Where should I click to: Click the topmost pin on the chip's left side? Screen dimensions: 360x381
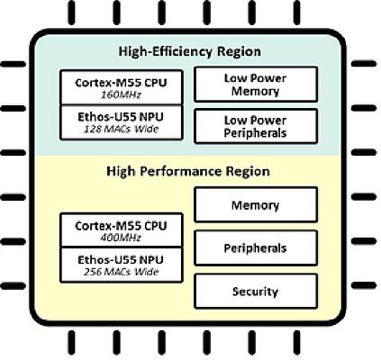[x=13, y=64]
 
